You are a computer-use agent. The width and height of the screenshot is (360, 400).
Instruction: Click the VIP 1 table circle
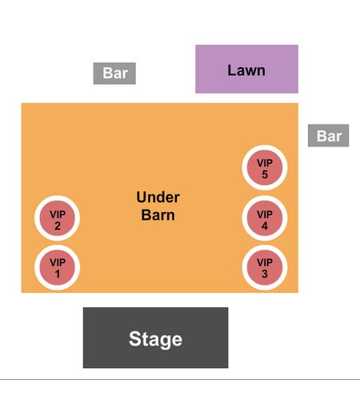point(57,267)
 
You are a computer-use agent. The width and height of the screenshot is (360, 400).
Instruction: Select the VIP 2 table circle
point(57,218)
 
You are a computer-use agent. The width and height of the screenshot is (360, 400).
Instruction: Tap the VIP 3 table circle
point(265,267)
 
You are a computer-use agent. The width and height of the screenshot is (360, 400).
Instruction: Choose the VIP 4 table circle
point(265,218)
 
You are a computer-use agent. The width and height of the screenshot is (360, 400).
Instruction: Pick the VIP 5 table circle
point(265,167)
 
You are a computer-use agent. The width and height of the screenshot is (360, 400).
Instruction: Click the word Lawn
point(246,70)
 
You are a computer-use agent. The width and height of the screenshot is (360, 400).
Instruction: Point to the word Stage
point(155,339)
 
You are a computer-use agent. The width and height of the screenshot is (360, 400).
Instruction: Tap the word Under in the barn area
point(158,198)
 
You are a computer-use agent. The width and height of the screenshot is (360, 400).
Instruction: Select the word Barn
point(158,215)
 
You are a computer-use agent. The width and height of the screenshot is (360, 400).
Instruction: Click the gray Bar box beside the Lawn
point(114,74)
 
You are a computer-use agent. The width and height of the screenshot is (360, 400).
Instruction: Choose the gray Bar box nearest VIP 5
point(328,135)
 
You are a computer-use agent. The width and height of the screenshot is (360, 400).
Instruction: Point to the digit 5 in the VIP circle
point(265,174)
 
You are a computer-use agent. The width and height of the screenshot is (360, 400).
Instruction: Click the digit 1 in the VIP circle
point(58,274)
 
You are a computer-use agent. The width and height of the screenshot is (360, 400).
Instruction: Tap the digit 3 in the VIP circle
point(265,274)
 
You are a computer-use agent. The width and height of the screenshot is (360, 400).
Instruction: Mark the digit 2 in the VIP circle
point(58,226)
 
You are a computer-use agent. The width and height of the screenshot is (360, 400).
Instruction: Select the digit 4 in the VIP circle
point(265,226)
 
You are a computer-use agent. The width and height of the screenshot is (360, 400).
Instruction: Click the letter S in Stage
point(134,338)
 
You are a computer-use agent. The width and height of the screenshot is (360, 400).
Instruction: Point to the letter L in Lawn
point(231,70)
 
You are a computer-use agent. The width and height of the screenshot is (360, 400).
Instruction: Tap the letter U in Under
point(142,198)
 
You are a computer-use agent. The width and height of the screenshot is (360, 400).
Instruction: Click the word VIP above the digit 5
point(265,163)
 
